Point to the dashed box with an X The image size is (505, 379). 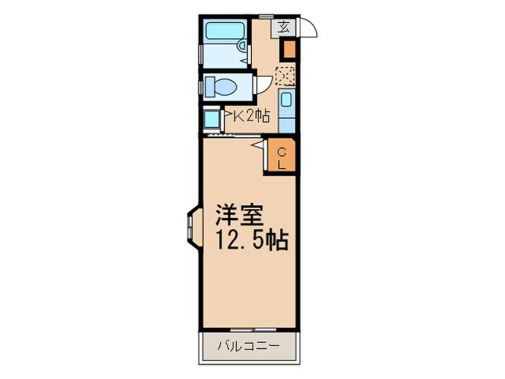pos(285,75)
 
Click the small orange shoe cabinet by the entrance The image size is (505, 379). pos(288,49)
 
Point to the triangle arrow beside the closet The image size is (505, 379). pos(256,145)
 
